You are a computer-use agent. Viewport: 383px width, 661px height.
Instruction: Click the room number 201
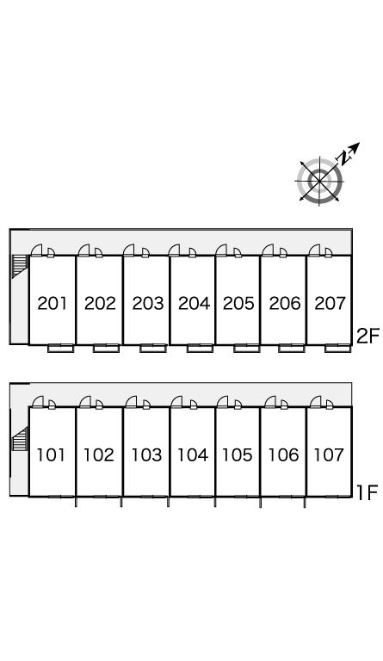[x=52, y=303]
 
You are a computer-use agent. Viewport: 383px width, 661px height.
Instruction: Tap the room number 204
[x=194, y=303]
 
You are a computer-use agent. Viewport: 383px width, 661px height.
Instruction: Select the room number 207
[x=330, y=303]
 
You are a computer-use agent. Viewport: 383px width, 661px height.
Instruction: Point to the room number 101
[x=51, y=454]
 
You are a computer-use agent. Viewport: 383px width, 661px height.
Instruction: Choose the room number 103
[x=146, y=454]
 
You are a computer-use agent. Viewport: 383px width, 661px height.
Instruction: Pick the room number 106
[x=283, y=454]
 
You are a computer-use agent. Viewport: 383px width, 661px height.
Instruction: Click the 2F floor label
[x=368, y=337]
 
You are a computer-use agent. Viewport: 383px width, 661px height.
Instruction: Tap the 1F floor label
[x=368, y=492]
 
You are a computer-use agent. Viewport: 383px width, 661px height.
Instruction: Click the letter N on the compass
[x=344, y=158]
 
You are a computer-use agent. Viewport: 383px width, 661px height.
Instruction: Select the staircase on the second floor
[x=20, y=267]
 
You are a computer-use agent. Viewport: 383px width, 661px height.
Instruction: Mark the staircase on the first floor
[x=20, y=439]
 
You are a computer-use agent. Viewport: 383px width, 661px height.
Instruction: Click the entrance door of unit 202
[x=83, y=250]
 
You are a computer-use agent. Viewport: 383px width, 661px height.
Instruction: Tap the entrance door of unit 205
[x=221, y=250]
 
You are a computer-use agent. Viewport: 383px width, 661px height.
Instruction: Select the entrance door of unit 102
[x=85, y=402]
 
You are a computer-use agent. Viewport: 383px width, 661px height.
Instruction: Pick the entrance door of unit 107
[x=315, y=402]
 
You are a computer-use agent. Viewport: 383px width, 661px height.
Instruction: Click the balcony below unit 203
[x=153, y=348]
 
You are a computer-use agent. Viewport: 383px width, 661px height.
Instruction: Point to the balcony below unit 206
[x=292, y=348]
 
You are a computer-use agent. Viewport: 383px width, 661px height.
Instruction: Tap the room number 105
[x=238, y=454]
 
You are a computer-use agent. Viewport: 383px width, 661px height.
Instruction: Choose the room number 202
[x=100, y=303]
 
